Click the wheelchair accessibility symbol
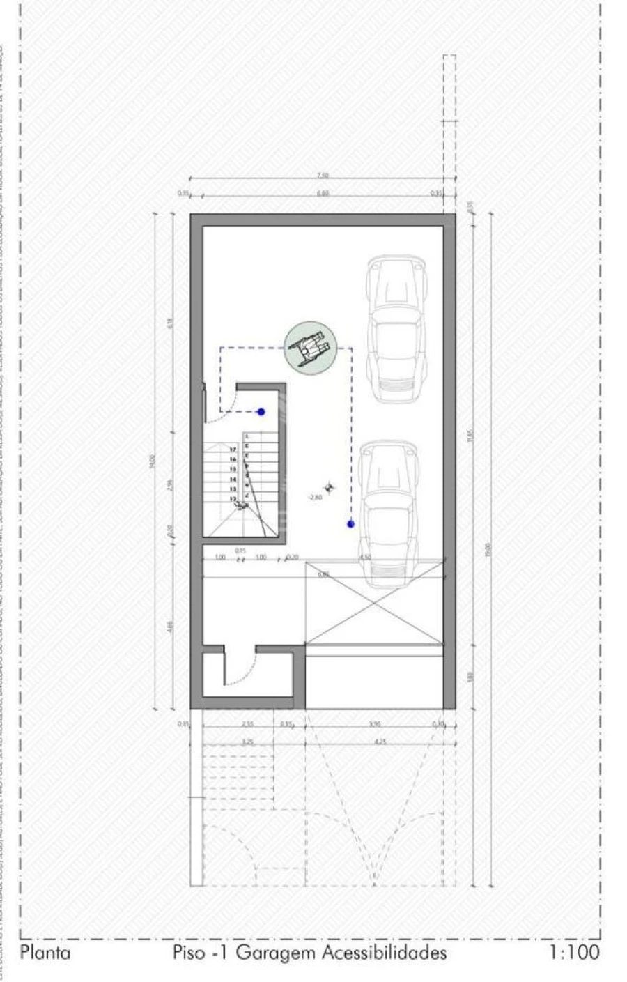click(311, 346)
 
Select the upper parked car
click(396, 329)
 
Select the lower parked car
click(389, 513)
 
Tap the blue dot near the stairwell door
click(261, 412)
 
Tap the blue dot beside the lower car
click(350, 523)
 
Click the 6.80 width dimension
click(323, 194)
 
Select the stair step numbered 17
click(233, 450)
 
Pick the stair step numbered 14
click(233, 480)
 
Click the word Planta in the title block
click(46, 952)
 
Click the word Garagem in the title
click(276, 953)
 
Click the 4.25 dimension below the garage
click(380, 743)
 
